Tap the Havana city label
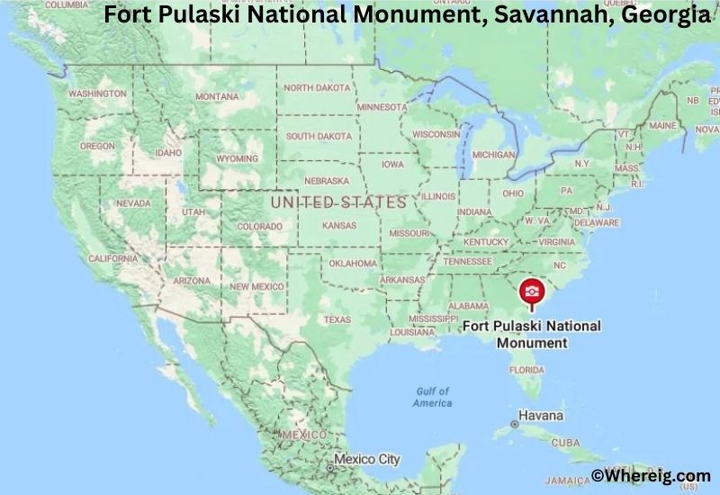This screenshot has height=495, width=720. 541,416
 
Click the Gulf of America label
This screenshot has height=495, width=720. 432,397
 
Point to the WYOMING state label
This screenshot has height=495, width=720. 237,158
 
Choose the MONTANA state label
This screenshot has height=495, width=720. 217,96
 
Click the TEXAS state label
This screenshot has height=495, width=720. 337,319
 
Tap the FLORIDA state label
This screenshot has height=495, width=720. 526,369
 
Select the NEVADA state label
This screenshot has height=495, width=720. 133,203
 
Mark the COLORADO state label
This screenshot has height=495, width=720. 259,227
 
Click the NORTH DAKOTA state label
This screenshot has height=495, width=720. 318,88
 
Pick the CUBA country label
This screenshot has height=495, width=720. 565,443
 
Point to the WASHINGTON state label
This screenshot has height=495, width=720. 96,94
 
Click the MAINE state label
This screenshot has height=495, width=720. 662,125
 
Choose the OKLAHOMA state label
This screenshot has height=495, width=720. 353,264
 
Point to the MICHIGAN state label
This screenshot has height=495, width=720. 493,155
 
